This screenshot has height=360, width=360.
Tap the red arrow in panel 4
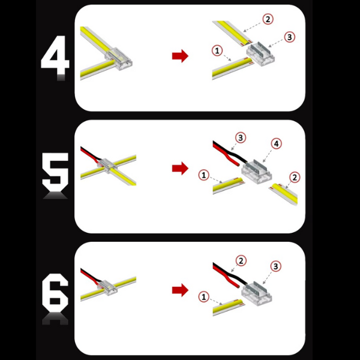click(180, 56)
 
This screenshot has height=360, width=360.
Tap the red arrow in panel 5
click(180, 168)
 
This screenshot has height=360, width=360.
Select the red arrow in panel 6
click(180, 290)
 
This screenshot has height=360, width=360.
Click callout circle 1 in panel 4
click(217, 50)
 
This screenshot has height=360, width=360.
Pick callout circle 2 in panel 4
click(268, 19)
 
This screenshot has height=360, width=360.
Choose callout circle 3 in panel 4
click(290, 37)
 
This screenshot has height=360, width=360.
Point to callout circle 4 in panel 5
click(276, 144)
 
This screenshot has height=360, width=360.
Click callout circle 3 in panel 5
click(241, 138)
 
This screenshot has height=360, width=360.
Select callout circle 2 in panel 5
click(295, 177)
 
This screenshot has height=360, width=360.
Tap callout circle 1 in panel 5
click(203, 175)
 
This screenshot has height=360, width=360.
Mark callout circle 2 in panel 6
click(241, 261)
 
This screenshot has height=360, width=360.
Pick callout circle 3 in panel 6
click(276, 266)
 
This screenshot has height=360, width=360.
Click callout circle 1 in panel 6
click(203, 297)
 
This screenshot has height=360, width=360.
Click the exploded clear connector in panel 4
click(260, 54)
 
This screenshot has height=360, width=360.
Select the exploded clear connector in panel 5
click(257, 171)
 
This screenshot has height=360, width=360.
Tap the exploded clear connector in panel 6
click(257, 293)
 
